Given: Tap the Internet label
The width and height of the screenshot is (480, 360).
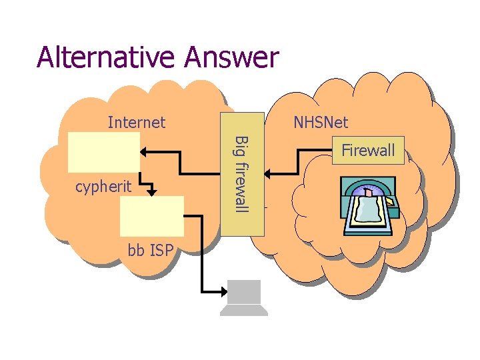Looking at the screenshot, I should pyautogui.click(x=137, y=122).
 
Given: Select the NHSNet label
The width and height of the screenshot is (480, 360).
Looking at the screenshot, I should pyautogui.click(x=321, y=123).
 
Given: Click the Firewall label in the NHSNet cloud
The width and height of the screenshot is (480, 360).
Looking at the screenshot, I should pyautogui.click(x=368, y=151).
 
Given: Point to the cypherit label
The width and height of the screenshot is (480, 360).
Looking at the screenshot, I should pyautogui.click(x=103, y=187).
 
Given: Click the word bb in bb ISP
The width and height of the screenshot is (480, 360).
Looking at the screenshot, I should pyautogui.click(x=136, y=251).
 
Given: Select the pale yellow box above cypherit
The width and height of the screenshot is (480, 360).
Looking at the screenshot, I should pyautogui.click(x=104, y=152).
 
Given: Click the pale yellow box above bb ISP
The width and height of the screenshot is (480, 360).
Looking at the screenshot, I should pyautogui.click(x=152, y=216).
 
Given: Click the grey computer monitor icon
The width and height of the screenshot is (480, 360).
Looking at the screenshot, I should pyautogui.click(x=245, y=293).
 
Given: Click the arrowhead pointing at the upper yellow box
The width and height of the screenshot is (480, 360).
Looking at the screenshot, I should pyautogui.click(x=145, y=151).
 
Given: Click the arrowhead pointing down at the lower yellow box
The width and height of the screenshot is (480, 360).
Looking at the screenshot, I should pyautogui.click(x=153, y=191).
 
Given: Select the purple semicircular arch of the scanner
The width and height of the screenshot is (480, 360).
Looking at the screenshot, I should pyautogui.click(x=367, y=189).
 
